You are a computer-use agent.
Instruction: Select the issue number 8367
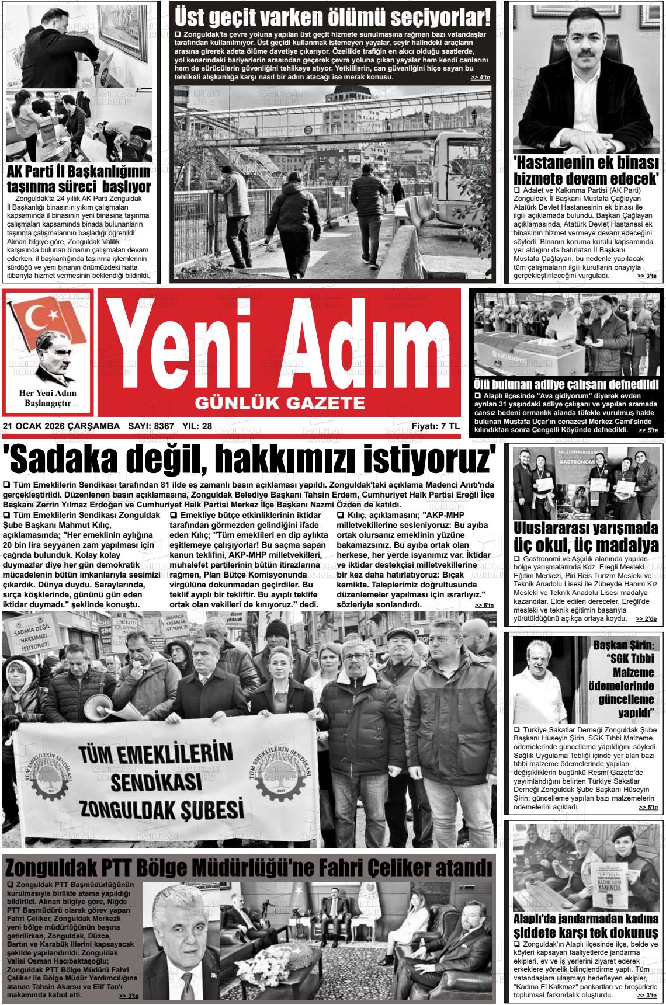point(164,426)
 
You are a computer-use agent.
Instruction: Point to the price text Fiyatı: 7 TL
point(435,426)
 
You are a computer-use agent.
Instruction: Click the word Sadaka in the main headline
point(58,459)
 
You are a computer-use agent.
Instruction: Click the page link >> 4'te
point(480,78)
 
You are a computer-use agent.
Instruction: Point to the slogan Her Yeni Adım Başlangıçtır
point(47,398)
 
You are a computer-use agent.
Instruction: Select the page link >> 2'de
point(646,618)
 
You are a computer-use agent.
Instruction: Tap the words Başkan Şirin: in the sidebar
point(625,645)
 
